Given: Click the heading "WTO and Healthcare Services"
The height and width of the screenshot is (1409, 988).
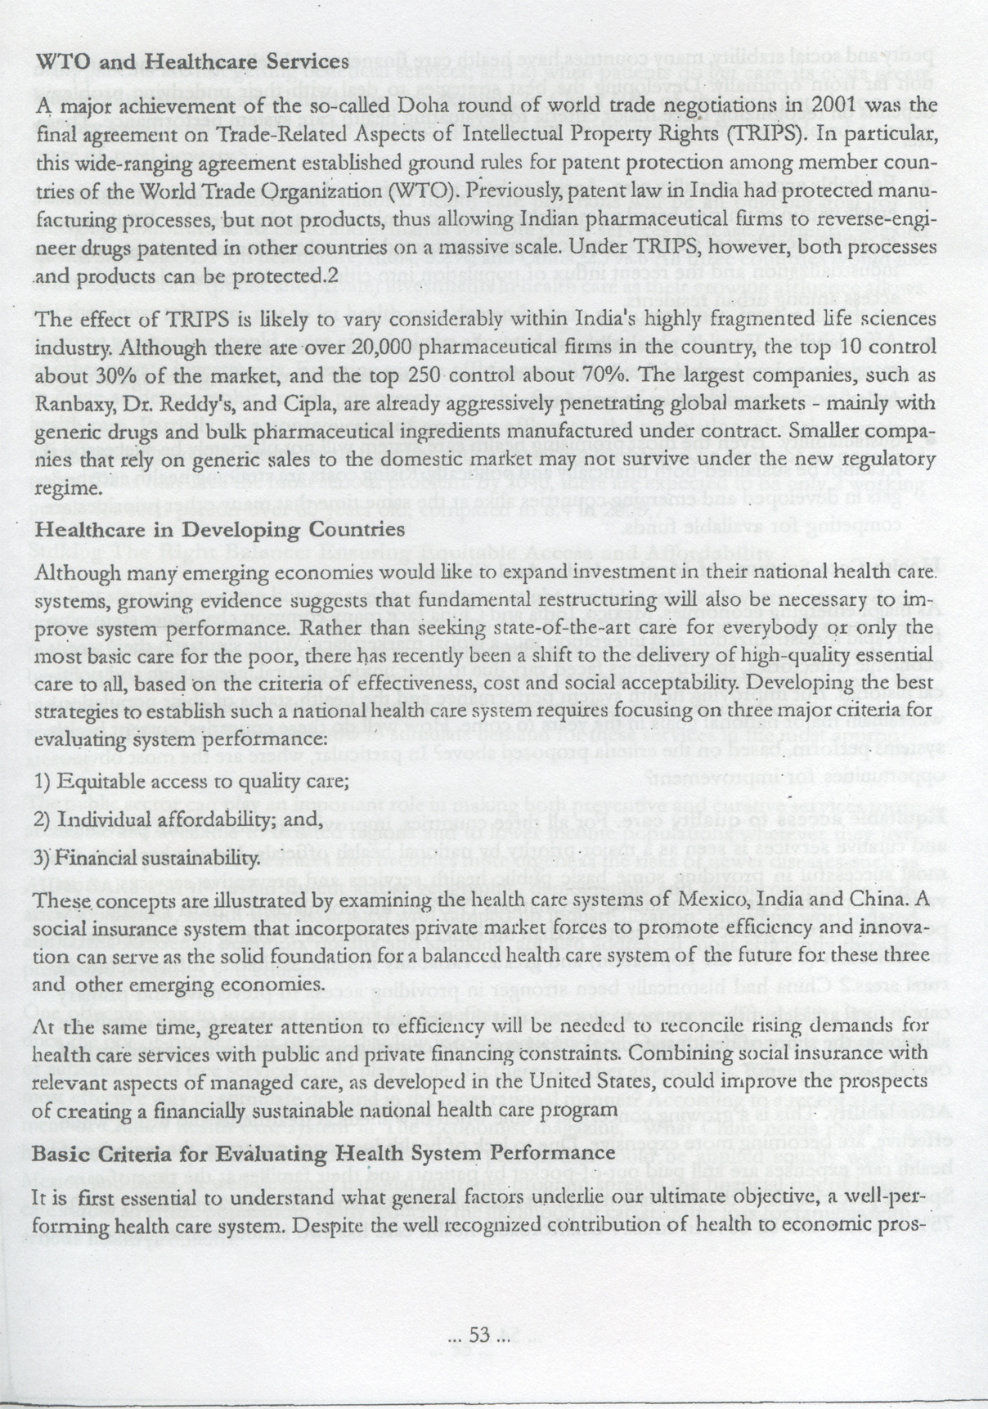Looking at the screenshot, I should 193,62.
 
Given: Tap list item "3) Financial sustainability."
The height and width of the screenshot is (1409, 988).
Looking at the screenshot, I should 149,860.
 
